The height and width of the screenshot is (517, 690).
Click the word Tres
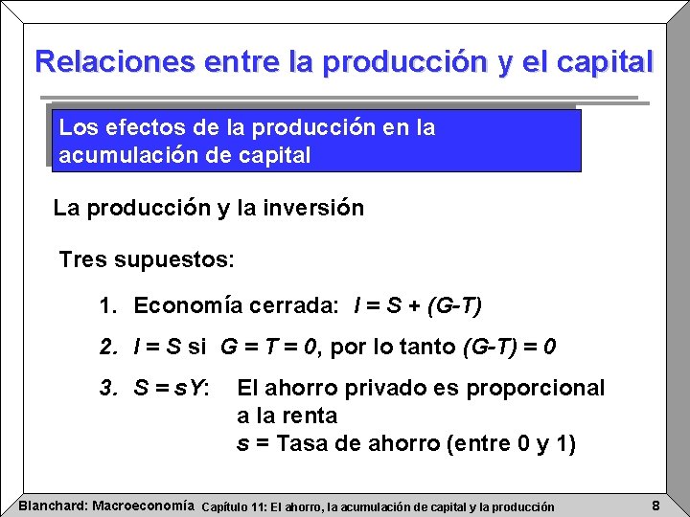click(x=80, y=259)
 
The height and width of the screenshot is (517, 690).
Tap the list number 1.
click(x=106, y=306)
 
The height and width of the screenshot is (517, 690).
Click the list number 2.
click(x=106, y=347)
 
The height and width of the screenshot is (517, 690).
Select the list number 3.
click(x=106, y=389)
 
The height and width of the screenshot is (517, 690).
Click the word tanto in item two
click(x=434, y=347)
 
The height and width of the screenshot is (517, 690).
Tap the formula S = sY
click(x=172, y=389)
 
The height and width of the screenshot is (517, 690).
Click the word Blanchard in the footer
click(x=53, y=505)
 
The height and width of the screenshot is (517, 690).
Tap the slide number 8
click(x=655, y=505)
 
